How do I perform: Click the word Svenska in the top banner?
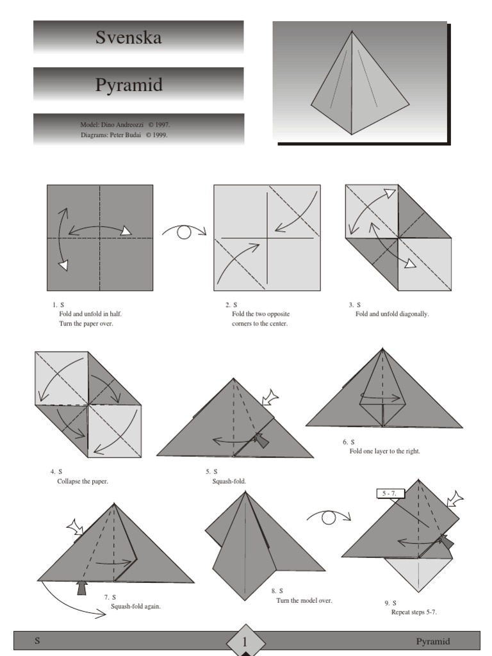coord(128,37)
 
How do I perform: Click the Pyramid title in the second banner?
coord(128,85)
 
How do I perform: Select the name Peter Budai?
coord(126,135)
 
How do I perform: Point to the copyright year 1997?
coord(162,125)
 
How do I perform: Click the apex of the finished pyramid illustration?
coord(352,31)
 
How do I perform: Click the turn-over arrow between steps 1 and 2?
coord(184,231)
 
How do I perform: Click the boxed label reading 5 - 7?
coord(391,494)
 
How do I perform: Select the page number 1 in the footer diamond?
coord(245,641)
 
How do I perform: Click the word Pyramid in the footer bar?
coord(433,641)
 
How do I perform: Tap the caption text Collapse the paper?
coord(83,481)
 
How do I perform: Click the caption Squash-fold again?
coord(136,606)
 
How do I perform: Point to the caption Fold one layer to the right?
coord(384,451)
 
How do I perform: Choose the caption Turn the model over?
coord(304,600)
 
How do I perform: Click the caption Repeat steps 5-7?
coord(414,612)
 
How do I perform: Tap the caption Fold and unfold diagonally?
coord(392,314)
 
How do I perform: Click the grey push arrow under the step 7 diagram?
coord(82,587)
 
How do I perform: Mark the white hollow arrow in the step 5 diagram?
coord(270,398)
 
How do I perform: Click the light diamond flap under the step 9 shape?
coord(418,574)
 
